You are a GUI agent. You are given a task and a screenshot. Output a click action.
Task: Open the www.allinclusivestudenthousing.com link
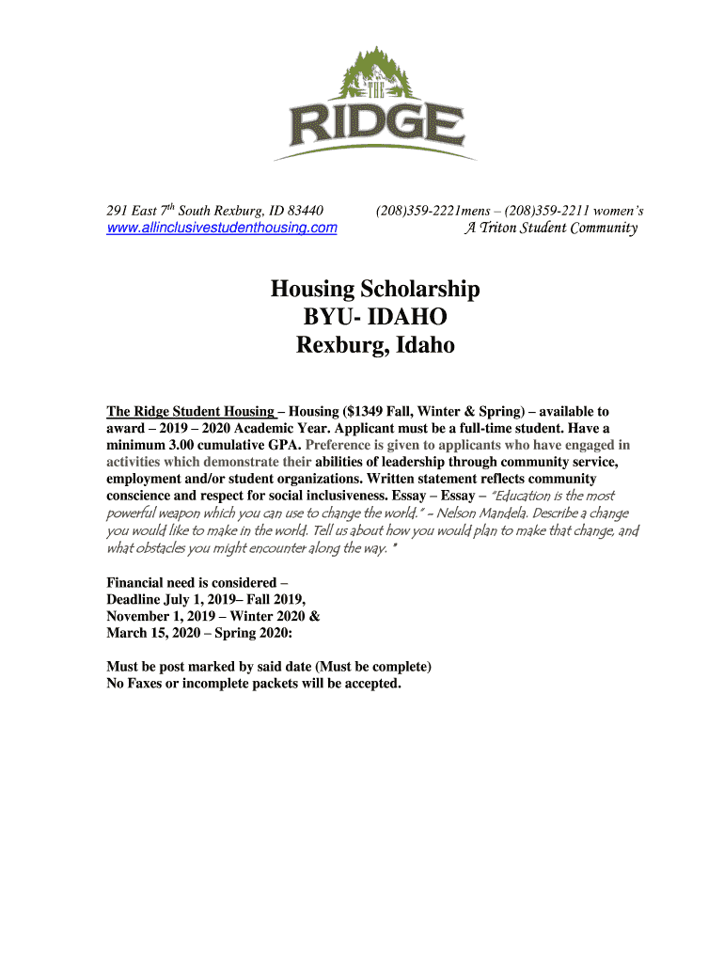tap(221, 228)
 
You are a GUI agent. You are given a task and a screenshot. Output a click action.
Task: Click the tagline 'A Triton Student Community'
tap(551, 228)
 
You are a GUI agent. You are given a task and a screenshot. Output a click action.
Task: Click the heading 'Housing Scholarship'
tap(375, 289)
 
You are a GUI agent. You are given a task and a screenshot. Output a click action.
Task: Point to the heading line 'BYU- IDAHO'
tap(375, 317)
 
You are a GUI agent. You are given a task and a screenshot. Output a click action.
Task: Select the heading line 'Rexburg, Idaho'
tap(375, 346)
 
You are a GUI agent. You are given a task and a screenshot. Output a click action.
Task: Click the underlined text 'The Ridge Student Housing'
tap(191, 412)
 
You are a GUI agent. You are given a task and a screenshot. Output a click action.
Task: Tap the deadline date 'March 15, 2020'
tap(152, 633)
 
